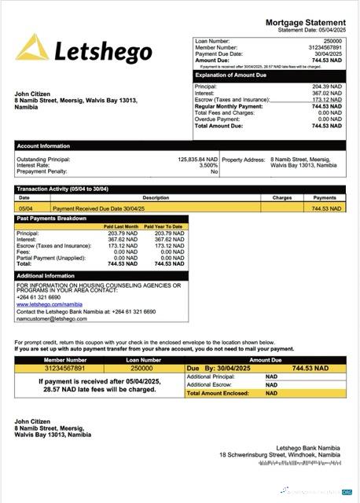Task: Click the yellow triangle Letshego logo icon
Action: [32, 48]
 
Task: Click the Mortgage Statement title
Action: [305, 23]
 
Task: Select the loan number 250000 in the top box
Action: [332, 40]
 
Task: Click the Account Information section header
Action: [44, 146]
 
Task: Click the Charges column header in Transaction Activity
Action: [282, 198]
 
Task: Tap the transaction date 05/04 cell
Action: [25, 209]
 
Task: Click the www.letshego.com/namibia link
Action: [49, 304]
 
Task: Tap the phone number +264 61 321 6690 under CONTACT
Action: [39, 297]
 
